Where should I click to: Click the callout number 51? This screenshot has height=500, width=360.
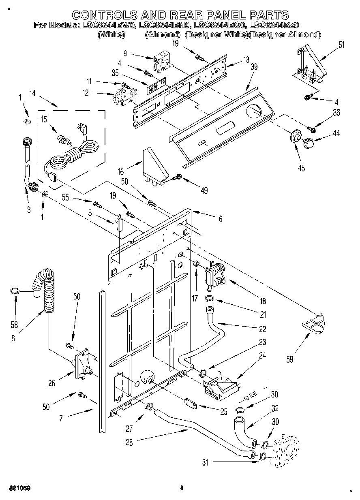click(x=341, y=45)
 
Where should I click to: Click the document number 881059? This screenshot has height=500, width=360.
click(x=18, y=488)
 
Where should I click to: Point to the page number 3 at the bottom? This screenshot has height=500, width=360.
click(x=182, y=488)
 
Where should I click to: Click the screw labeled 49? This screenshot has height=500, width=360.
click(x=177, y=177)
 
